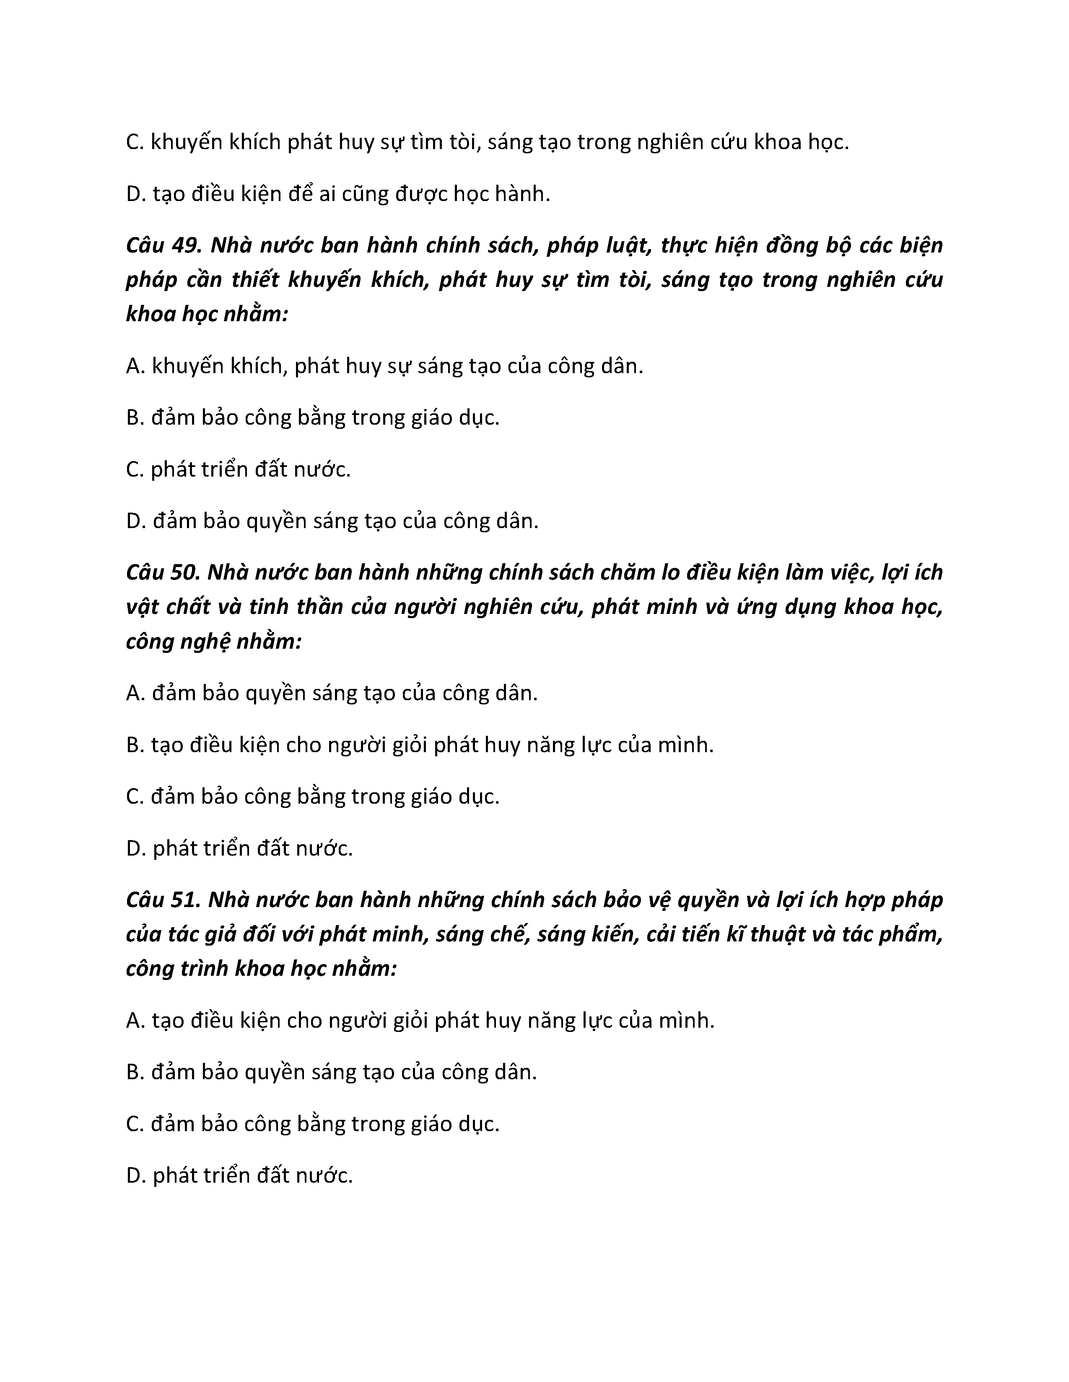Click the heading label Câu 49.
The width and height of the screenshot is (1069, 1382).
163,245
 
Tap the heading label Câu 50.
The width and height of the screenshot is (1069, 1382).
163,572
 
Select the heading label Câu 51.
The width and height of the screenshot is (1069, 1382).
163,900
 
